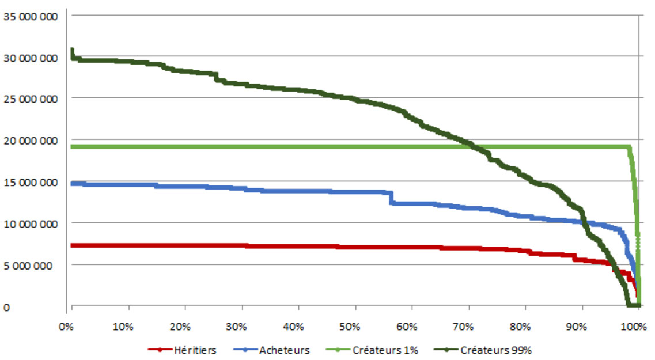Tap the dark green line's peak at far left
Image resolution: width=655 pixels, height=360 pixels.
click(x=71, y=50)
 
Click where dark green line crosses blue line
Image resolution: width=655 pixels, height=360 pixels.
click(x=583, y=222)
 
